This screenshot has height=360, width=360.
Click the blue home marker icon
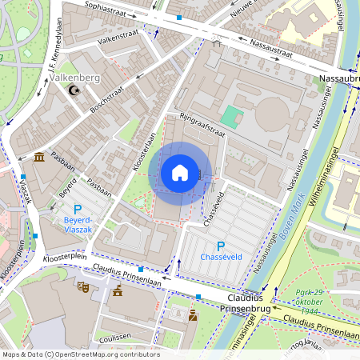(x=180, y=172)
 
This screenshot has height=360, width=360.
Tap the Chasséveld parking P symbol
(x=221, y=246)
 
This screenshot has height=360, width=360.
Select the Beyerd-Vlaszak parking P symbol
(x=78, y=209)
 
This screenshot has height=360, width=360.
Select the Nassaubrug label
(x=338, y=79)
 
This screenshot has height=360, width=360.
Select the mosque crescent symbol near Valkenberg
(x=75, y=92)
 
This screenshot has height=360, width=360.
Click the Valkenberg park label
(x=75, y=78)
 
